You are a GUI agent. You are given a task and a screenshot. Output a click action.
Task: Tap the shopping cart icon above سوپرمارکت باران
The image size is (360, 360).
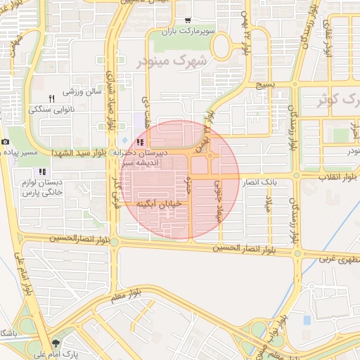click(x=187, y=22)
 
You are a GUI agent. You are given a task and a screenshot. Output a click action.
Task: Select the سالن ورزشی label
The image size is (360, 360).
click(x=83, y=91)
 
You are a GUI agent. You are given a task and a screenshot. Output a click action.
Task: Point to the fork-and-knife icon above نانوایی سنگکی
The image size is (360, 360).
click(x=51, y=98)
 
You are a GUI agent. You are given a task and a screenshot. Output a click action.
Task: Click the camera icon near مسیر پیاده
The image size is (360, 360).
click(x=6, y=141)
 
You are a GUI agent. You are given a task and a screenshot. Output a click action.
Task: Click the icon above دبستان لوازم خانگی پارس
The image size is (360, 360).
click(x=42, y=171)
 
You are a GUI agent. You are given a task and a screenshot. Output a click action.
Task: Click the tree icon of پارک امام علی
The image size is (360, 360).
click(x=56, y=345)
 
